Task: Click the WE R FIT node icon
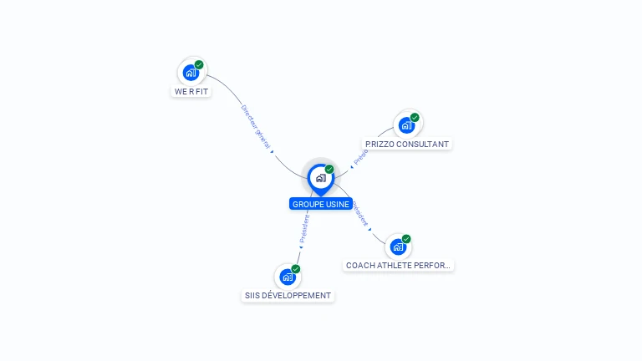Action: (x=191, y=73)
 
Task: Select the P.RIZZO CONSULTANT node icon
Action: (x=406, y=125)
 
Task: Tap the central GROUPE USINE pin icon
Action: (x=320, y=178)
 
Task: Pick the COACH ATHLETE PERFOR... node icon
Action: (x=398, y=247)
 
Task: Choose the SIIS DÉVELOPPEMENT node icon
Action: (x=288, y=277)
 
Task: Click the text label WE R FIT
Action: (x=191, y=91)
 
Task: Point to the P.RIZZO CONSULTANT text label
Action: (x=407, y=144)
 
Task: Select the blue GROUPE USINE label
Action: (x=321, y=204)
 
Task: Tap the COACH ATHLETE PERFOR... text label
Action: (x=399, y=265)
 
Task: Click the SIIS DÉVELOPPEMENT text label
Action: (x=288, y=295)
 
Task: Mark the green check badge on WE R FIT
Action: (x=199, y=64)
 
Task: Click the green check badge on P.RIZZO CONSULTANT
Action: (x=415, y=117)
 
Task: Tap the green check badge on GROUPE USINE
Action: (x=329, y=169)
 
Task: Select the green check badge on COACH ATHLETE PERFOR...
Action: (x=406, y=238)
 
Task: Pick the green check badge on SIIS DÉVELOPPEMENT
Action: (x=296, y=268)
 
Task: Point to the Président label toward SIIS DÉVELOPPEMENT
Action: (x=304, y=228)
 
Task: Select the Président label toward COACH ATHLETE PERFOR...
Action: (x=360, y=214)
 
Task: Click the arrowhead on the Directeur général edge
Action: (x=273, y=151)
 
